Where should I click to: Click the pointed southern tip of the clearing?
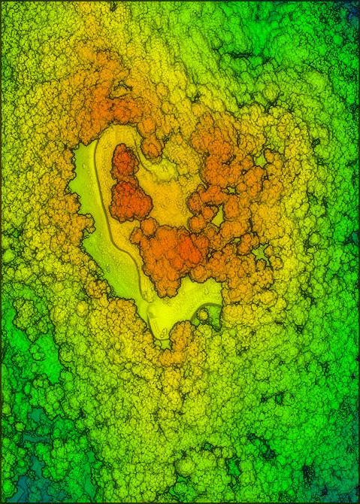coord(161,339)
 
